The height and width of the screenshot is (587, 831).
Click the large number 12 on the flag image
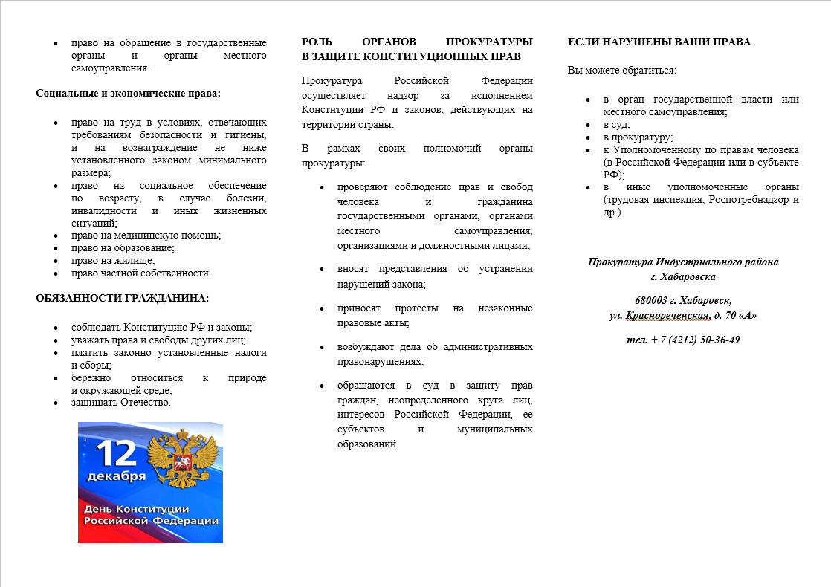pos(114,451)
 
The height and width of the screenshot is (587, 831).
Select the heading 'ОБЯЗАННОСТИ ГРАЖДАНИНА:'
pos(123,299)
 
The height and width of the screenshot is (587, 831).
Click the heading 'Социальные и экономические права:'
pos(129,94)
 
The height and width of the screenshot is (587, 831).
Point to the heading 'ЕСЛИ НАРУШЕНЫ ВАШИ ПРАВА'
pos(659,42)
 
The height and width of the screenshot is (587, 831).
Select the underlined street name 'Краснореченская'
pos(666,315)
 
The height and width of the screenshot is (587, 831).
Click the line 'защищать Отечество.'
pos(121,403)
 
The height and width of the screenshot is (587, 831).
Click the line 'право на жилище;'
pos(113,261)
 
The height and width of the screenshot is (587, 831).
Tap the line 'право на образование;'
pos(123,248)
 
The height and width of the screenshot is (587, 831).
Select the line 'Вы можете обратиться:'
pos(621,71)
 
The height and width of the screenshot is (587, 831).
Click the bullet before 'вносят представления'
pos(321,269)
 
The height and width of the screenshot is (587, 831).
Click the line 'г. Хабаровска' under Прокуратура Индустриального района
pos(683,276)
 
